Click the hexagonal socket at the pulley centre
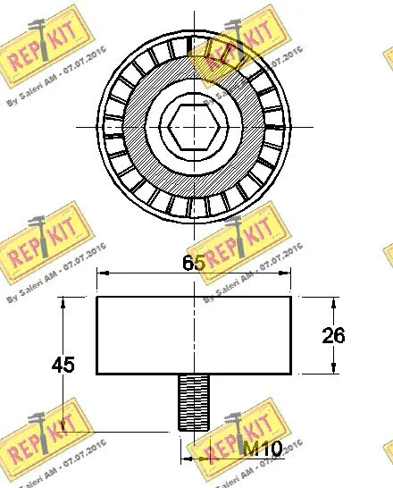(195, 125)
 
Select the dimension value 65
(195, 263)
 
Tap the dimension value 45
(63, 365)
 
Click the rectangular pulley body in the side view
(194, 334)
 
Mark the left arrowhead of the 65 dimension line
(101, 273)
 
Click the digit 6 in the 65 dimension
(188, 263)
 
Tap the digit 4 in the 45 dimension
(58, 365)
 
